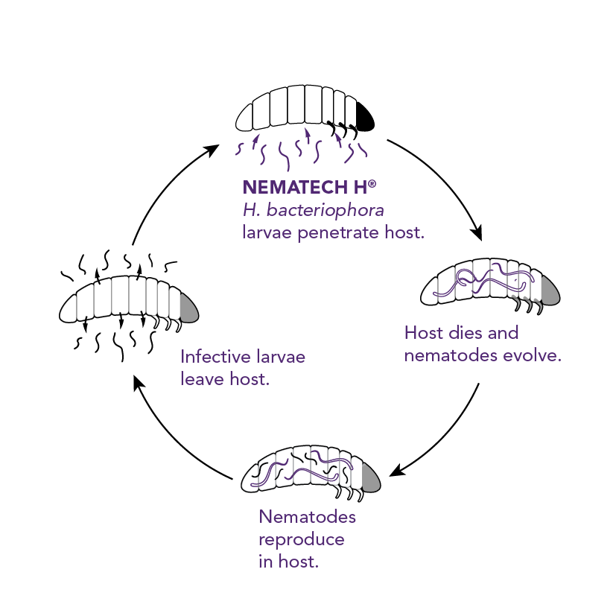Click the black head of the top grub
[365, 117]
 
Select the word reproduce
[302, 539]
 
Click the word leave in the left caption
[200, 378]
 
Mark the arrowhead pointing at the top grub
[214, 150]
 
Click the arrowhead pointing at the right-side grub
[477, 235]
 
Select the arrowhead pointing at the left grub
[138, 381]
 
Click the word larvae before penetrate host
[266, 232]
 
